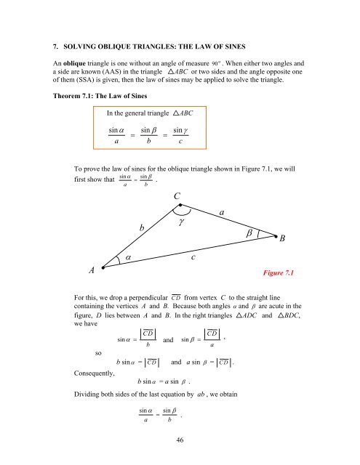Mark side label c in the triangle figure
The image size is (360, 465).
(192, 256)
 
